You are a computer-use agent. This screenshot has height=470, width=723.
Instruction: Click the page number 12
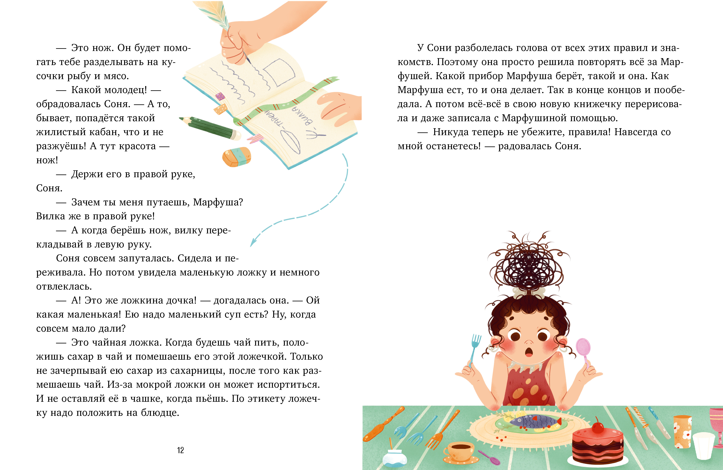pos(180,450)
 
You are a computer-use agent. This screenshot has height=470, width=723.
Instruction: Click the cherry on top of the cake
pos(598,427)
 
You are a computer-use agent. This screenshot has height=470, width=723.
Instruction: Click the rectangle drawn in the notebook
pos(279,72)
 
